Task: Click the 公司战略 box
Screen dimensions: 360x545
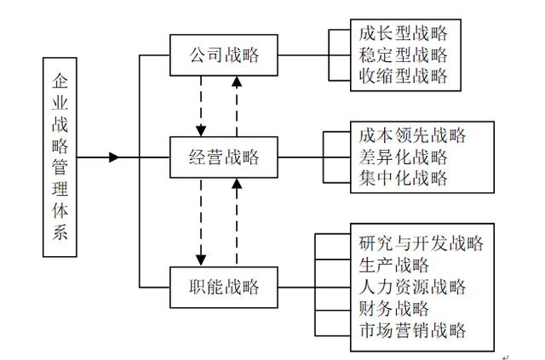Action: tap(223, 57)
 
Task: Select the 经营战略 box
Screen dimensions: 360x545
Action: tap(223, 157)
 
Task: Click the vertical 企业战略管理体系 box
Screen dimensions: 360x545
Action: tap(59, 157)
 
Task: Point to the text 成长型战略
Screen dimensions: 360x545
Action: tap(403, 34)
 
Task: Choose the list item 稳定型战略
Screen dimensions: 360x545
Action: tap(403, 57)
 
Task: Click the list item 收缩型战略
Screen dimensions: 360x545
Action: tap(403, 79)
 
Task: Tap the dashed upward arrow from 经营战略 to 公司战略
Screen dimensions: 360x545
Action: tap(238, 106)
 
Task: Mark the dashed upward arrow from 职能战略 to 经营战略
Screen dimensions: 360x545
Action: tap(238, 221)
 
